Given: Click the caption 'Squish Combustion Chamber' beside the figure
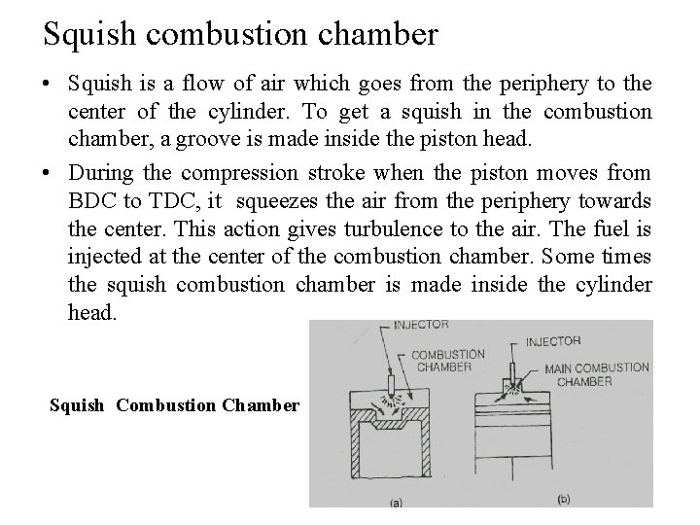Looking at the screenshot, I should pyautogui.click(x=174, y=405).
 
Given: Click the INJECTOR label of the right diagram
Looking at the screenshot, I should pyautogui.click(x=553, y=341).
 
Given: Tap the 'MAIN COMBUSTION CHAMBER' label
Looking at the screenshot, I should pyautogui.click(x=596, y=374).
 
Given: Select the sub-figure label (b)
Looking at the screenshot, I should pyautogui.click(x=563, y=499).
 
